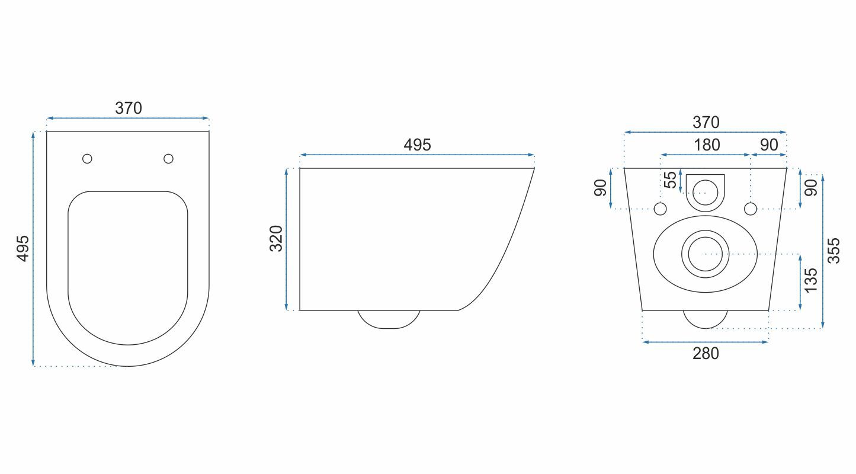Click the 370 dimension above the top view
(129, 108)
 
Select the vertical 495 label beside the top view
(22, 248)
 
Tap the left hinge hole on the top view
(87, 158)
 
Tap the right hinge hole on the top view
(168, 158)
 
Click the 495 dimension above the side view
(417, 145)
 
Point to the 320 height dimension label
(277, 239)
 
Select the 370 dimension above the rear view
(706, 123)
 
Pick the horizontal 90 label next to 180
(768, 145)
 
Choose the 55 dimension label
(670, 180)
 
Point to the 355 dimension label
(833, 250)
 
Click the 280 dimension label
(706, 354)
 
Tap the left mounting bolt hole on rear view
(661, 209)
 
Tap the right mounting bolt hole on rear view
(750, 209)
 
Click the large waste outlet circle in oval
(705, 254)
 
